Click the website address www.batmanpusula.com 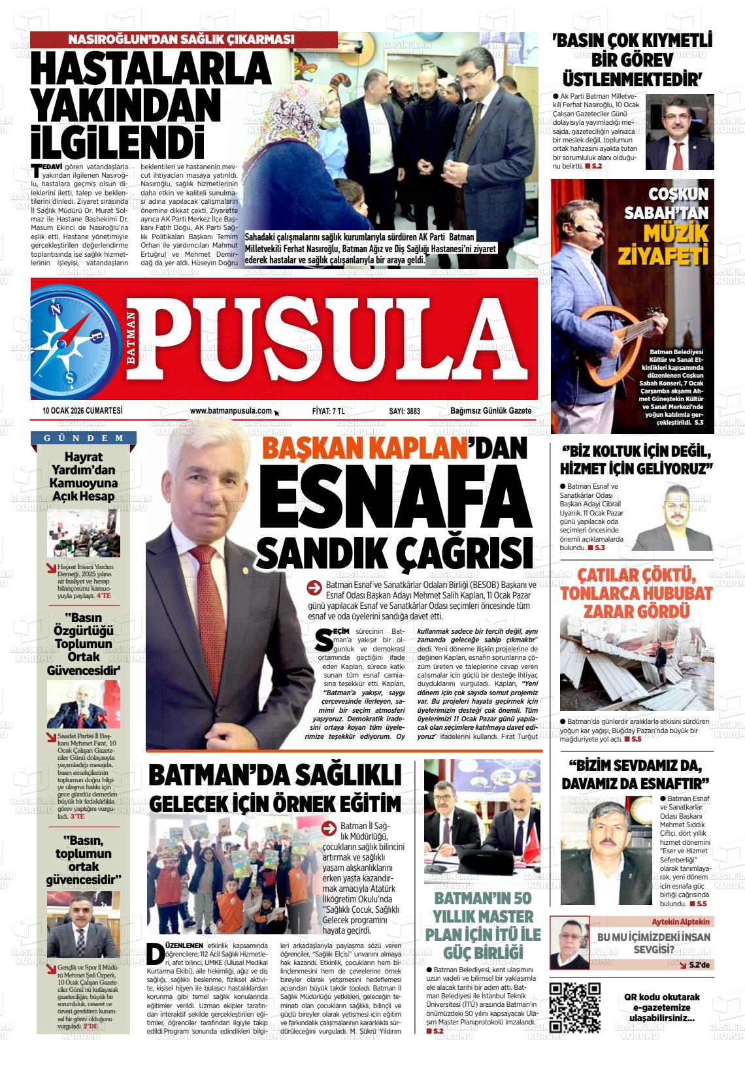tap(230, 411)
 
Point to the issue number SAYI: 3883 tap(405, 411)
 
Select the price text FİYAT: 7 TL tap(329, 411)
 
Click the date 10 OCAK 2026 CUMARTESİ tap(82, 411)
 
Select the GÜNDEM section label tap(84, 438)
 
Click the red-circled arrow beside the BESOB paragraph tap(314, 587)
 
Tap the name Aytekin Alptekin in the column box tap(681, 921)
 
